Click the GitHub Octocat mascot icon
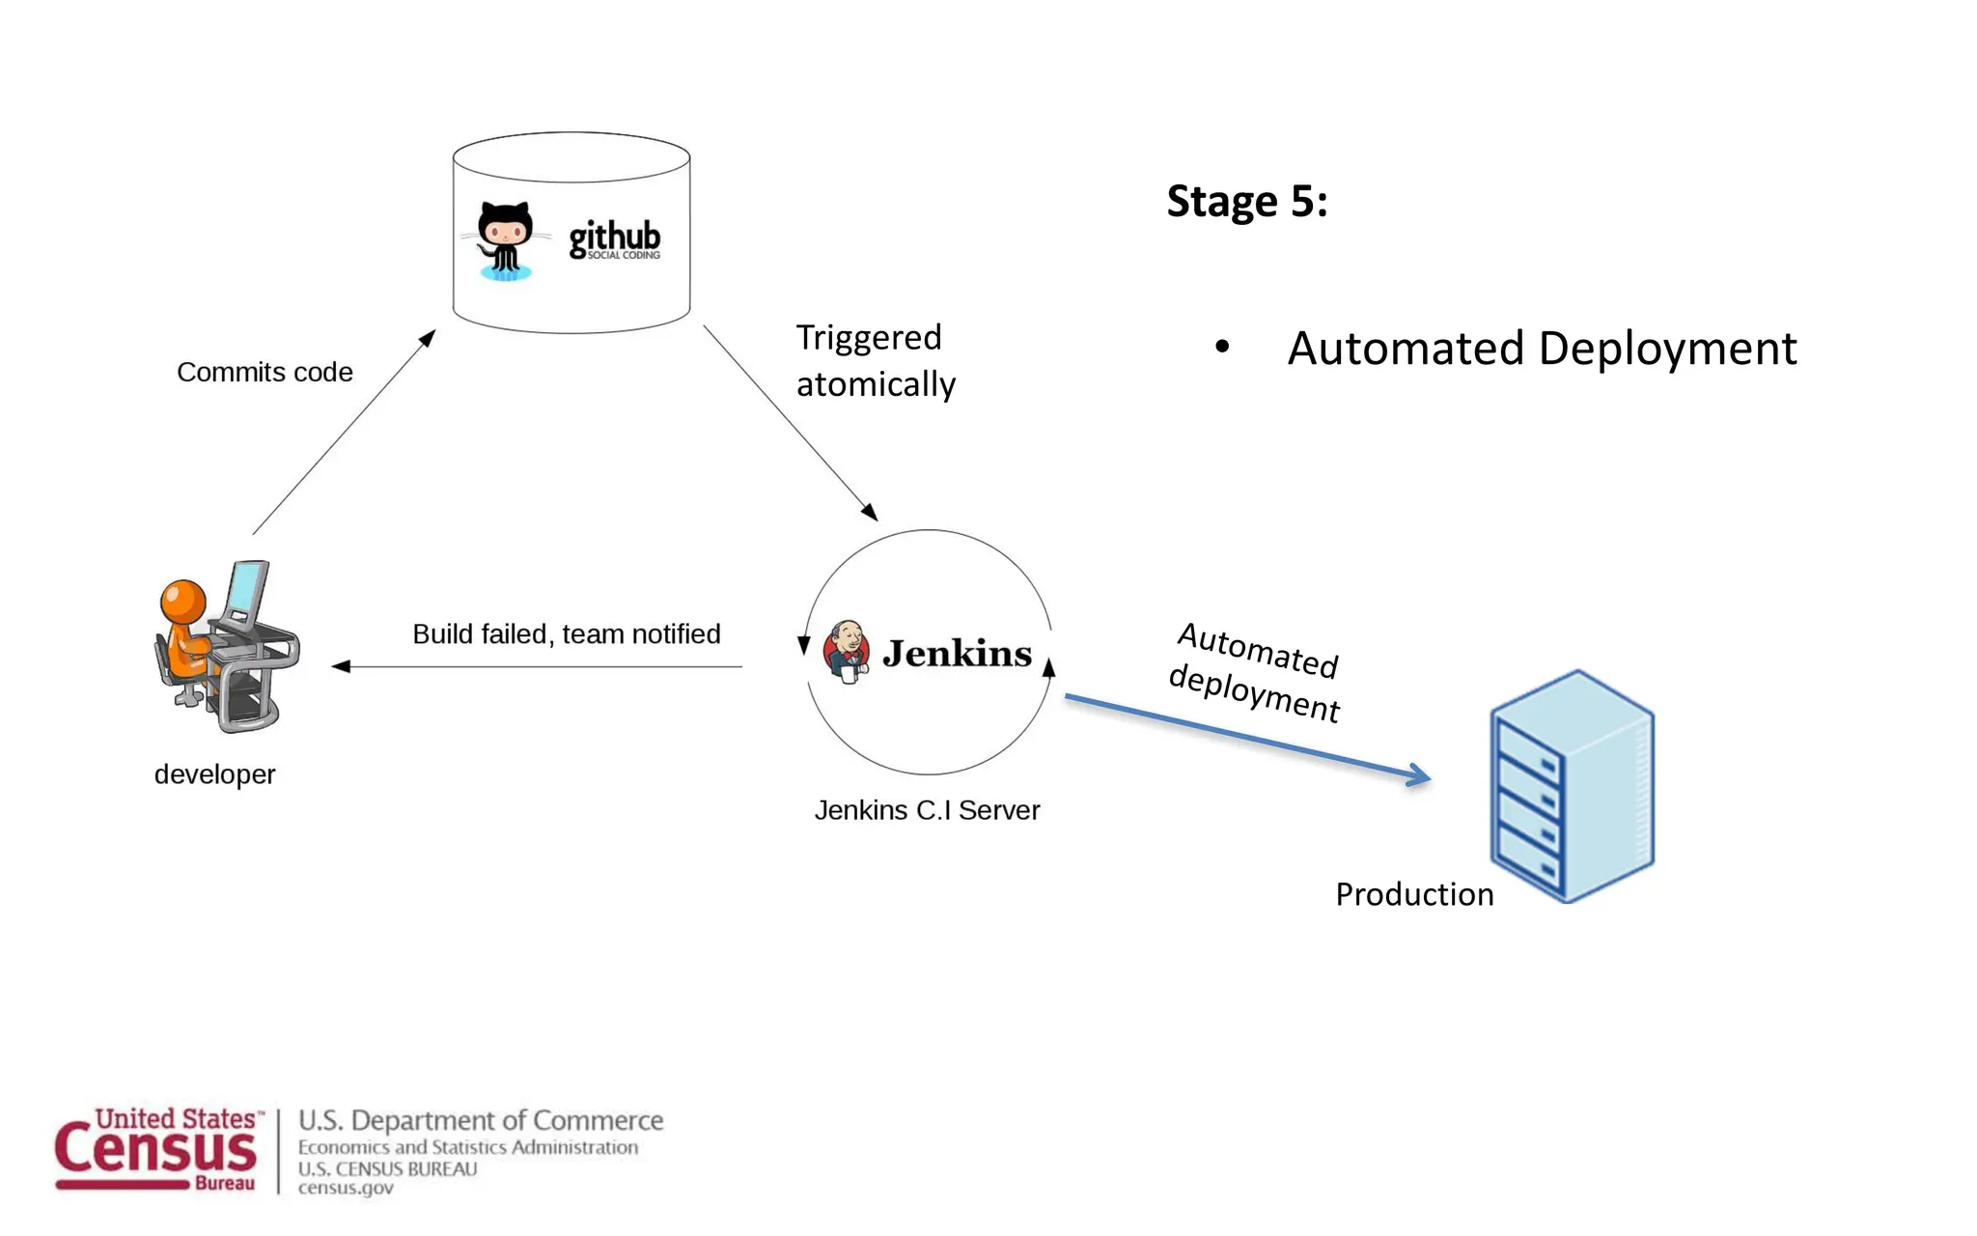pyautogui.click(x=504, y=240)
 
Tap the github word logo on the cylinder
pyautogui.click(x=614, y=238)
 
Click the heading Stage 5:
pyautogui.click(x=1246, y=202)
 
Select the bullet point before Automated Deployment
pyautogui.click(x=1222, y=347)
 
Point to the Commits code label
pyautogui.click(x=265, y=373)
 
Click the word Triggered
pyautogui.click(x=868, y=338)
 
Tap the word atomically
pyautogui.click(x=876, y=384)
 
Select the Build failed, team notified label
pyautogui.click(x=567, y=634)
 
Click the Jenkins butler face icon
pyautogui.click(x=847, y=650)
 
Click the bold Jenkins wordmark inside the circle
pyautogui.click(x=957, y=654)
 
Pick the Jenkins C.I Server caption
pyautogui.click(x=927, y=810)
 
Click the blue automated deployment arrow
pyautogui.click(x=1245, y=736)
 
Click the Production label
pyautogui.click(x=1414, y=894)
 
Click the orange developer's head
pyautogui.click(x=183, y=601)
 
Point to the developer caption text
pyautogui.click(x=214, y=774)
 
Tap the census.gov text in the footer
pyautogui.click(x=346, y=1189)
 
